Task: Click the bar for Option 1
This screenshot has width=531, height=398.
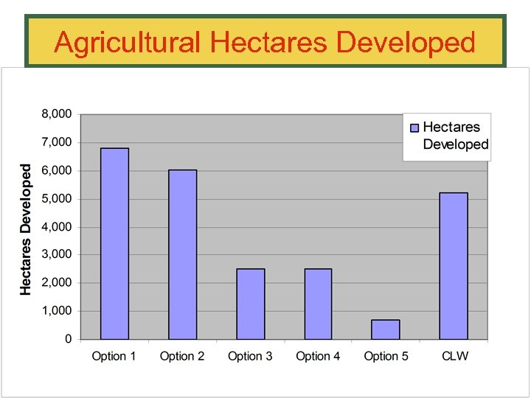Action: [114, 243]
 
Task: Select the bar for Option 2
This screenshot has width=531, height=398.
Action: [182, 254]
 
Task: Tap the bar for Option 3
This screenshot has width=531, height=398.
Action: [250, 304]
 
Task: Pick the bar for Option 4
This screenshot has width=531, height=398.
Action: [318, 304]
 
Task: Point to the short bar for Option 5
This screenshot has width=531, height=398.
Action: [386, 329]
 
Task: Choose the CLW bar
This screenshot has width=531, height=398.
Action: [454, 265]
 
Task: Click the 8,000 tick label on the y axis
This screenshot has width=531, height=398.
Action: [56, 114]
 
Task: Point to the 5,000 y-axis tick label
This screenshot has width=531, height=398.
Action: [56, 199]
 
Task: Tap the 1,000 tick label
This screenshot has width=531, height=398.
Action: [56, 311]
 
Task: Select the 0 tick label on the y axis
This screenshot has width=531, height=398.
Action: [68, 339]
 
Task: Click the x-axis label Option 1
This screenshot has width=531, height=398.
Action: [114, 356]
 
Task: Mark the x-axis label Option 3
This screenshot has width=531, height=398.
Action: [250, 356]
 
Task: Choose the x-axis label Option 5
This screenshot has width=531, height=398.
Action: [386, 356]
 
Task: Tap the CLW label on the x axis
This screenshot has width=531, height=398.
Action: [454, 356]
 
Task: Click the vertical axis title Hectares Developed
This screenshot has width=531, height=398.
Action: [26, 229]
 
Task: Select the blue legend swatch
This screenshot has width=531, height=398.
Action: [414, 128]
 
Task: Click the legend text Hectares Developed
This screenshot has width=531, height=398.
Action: [455, 136]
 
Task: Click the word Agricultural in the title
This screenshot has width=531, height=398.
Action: [127, 43]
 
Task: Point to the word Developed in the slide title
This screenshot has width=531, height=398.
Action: [406, 43]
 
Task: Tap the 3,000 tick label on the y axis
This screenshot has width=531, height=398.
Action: [56, 254]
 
